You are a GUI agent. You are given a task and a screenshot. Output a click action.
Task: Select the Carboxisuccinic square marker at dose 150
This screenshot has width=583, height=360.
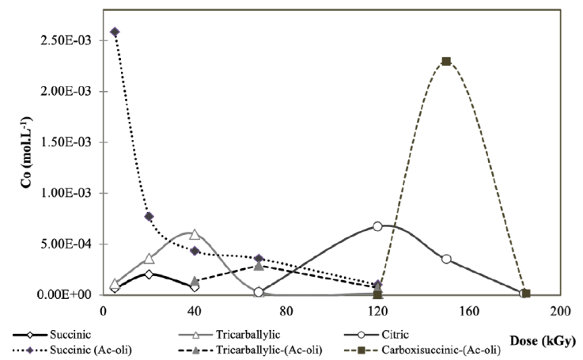pos(446,61)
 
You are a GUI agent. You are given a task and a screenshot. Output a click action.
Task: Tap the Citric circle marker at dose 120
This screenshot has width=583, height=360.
pos(377,225)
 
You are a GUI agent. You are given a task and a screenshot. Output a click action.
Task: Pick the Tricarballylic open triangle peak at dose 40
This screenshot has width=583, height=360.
pos(195,234)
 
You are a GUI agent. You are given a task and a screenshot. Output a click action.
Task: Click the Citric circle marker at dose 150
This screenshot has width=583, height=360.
pos(446,259)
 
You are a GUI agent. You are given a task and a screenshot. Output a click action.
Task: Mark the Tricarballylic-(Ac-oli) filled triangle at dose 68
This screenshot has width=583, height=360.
pos(259,266)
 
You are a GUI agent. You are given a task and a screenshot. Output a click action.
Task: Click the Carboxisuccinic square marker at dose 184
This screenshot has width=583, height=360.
pos(524,294)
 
